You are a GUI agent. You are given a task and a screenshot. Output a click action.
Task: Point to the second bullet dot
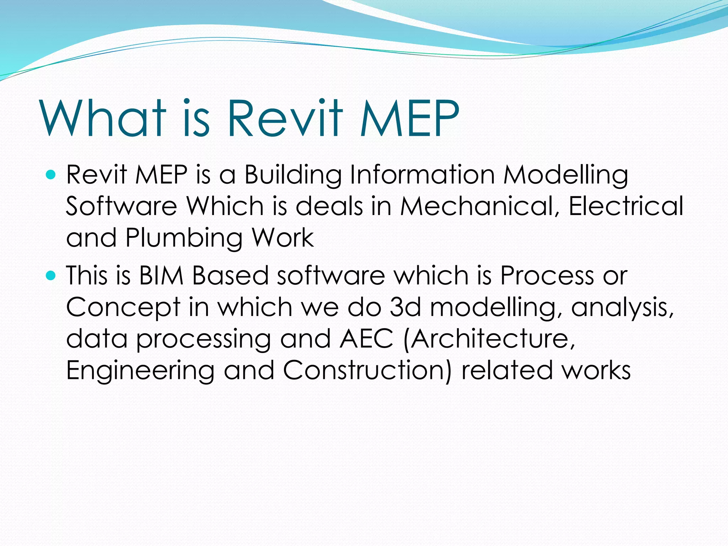51,275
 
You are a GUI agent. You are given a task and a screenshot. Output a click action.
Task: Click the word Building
293,175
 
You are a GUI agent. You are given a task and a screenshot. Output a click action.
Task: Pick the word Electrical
626,206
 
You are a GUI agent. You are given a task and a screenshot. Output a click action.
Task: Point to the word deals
329,206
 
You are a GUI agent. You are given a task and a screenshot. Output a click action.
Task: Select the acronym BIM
161,275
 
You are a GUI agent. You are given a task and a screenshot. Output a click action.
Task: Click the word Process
547,275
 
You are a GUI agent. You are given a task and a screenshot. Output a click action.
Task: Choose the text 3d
405,307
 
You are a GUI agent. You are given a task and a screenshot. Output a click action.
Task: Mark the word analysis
622,308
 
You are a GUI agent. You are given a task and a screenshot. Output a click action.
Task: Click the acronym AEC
366,339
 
